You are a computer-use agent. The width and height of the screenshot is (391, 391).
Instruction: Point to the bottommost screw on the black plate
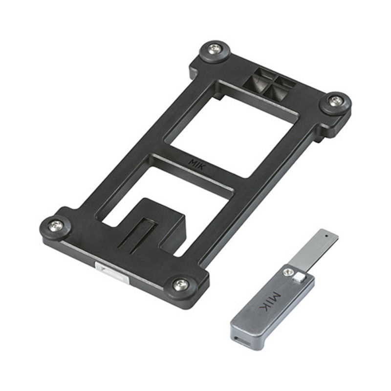click(180, 284)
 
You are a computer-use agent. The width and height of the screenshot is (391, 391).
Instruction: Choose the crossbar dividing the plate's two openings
click(195, 169)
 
